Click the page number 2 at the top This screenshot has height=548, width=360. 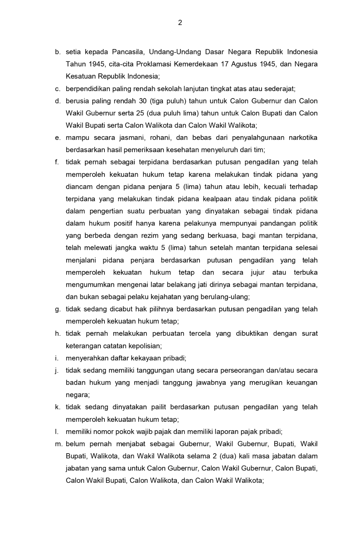(180, 23)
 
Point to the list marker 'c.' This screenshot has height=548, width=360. (58, 89)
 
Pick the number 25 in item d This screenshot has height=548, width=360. (140, 113)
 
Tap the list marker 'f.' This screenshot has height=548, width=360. (57, 162)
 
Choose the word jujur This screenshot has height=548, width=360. (258, 272)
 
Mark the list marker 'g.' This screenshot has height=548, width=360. (58, 309)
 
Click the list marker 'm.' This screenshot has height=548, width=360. (58, 444)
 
